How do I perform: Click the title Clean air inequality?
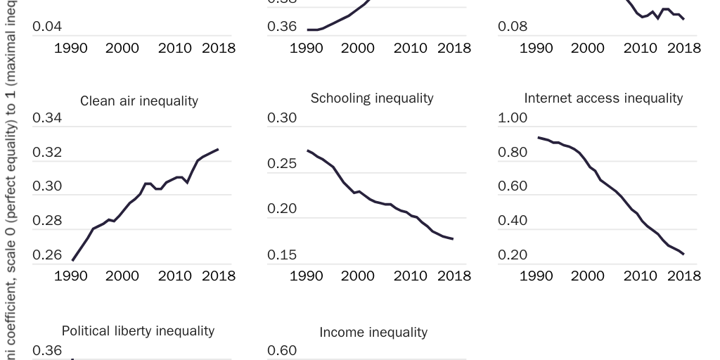point(139,101)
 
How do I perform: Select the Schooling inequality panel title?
point(372,98)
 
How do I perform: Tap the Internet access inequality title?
point(603,98)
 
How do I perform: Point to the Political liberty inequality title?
point(138,330)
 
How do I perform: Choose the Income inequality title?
point(373,332)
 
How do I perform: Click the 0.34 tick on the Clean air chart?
point(47,118)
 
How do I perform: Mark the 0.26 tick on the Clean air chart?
point(47,255)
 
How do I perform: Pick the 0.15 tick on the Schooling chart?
point(282,255)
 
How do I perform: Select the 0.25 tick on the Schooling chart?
point(282,164)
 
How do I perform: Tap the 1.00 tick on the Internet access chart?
point(513,118)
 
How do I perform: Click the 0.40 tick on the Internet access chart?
point(513,221)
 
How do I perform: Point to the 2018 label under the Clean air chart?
point(219,276)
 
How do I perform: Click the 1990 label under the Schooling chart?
point(307,276)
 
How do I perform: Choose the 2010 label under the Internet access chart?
point(640,276)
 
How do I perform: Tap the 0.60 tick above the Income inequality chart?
point(282,350)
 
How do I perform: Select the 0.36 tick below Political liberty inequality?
point(47,350)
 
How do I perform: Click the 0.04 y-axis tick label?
point(47,27)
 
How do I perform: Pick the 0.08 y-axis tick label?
point(513,27)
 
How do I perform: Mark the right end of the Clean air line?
point(218,149)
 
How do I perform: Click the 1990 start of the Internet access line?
point(538,138)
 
